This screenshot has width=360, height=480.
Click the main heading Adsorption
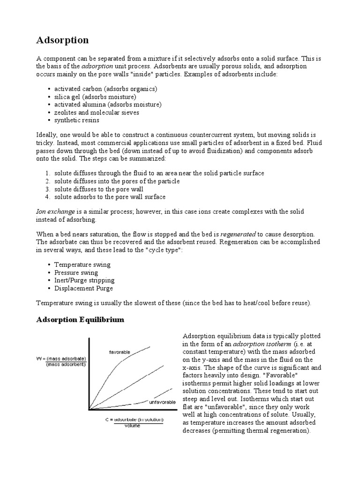[x=62, y=40]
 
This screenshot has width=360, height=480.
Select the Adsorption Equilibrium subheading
[x=80, y=320]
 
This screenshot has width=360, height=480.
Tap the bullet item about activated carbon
[x=105, y=89]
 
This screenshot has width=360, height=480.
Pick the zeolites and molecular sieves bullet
[x=97, y=112]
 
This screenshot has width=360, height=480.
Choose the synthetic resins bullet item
[x=76, y=120]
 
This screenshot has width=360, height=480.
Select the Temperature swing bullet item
[x=82, y=265]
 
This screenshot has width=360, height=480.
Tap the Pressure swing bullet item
[x=76, y=273]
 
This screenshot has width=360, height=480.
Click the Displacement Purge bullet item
[x=83, y=289]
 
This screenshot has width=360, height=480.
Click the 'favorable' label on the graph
[x=120, y=352]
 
